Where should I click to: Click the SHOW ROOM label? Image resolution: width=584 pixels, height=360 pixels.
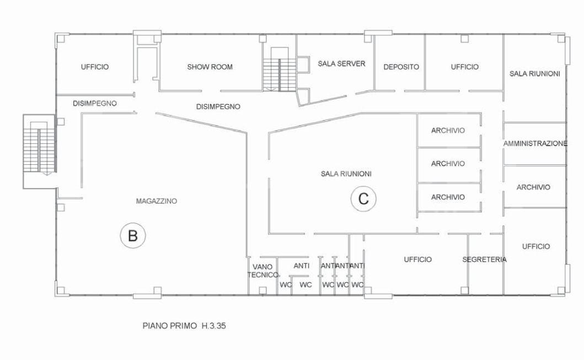click(210, 67)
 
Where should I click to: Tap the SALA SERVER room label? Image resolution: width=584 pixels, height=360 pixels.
click(341, 63)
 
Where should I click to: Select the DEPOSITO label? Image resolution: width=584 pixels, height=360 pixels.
click(401, 67)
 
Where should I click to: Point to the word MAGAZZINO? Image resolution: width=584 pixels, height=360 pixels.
click(156, 201)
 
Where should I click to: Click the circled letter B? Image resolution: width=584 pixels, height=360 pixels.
click(132, 236)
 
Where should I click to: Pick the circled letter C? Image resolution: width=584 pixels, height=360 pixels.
click(363, 198)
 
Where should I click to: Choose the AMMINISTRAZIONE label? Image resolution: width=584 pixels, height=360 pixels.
click(535, 143)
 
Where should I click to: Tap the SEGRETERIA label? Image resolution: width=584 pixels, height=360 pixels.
click(484, 259)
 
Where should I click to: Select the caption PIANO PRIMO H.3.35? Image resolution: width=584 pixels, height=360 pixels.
click(184, 326)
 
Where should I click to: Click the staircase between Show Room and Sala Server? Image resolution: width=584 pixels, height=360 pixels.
click(280, 72)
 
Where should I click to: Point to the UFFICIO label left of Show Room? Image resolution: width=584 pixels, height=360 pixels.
click(95, 67)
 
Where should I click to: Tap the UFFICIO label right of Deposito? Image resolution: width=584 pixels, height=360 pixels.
click(465, 67)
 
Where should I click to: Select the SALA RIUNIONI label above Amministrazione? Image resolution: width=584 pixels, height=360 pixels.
click(535, 73)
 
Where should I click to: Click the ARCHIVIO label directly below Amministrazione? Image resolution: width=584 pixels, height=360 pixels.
click(533, 187)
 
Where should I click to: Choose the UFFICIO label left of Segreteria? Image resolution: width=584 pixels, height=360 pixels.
click(417, 259)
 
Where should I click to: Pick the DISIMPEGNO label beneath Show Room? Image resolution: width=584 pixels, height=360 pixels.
click(218, 106)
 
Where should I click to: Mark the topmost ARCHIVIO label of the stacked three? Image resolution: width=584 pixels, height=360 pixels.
click(448, 131)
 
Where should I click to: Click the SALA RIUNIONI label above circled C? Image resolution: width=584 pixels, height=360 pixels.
click(346, 174)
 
